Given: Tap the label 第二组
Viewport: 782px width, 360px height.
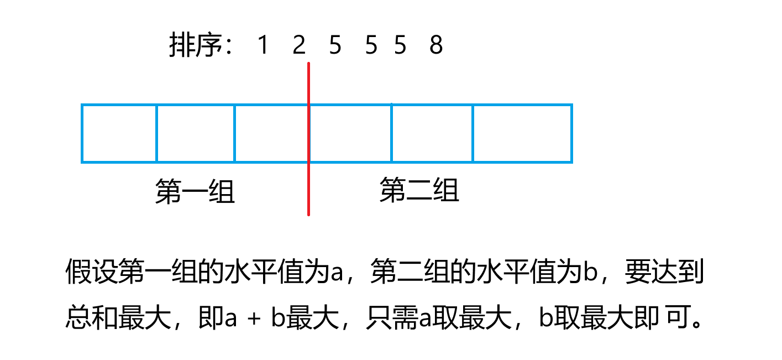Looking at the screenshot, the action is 419,191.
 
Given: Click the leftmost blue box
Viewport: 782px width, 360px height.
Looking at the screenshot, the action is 119,133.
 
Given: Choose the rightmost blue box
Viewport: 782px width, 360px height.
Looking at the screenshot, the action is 522,133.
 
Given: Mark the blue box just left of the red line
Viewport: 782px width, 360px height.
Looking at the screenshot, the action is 271,133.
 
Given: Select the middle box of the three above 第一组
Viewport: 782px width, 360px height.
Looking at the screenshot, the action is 196,133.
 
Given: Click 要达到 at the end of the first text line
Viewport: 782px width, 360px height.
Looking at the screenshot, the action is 664,273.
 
